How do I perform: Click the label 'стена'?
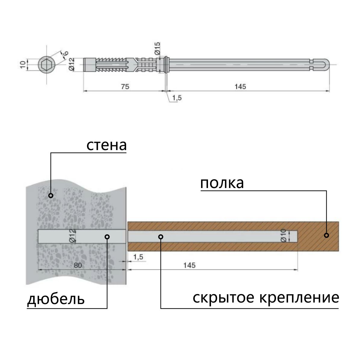[107, 145]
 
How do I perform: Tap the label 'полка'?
[222, 183]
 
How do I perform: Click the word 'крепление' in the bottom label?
[299, 298]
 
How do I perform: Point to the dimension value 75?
[125, 86]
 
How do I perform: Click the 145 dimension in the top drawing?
[240, 86]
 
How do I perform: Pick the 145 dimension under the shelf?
[189, 265]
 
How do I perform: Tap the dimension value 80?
[78, 265]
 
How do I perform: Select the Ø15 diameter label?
[158, 48]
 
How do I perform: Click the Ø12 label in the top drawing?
[71, 64]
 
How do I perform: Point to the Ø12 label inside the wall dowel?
[73, 236]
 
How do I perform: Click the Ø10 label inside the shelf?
[283, 236]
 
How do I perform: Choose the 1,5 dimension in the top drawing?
[177, 98]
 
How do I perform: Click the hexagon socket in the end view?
[46, 64]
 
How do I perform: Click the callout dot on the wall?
[51, 196]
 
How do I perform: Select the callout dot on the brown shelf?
[326, 235]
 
